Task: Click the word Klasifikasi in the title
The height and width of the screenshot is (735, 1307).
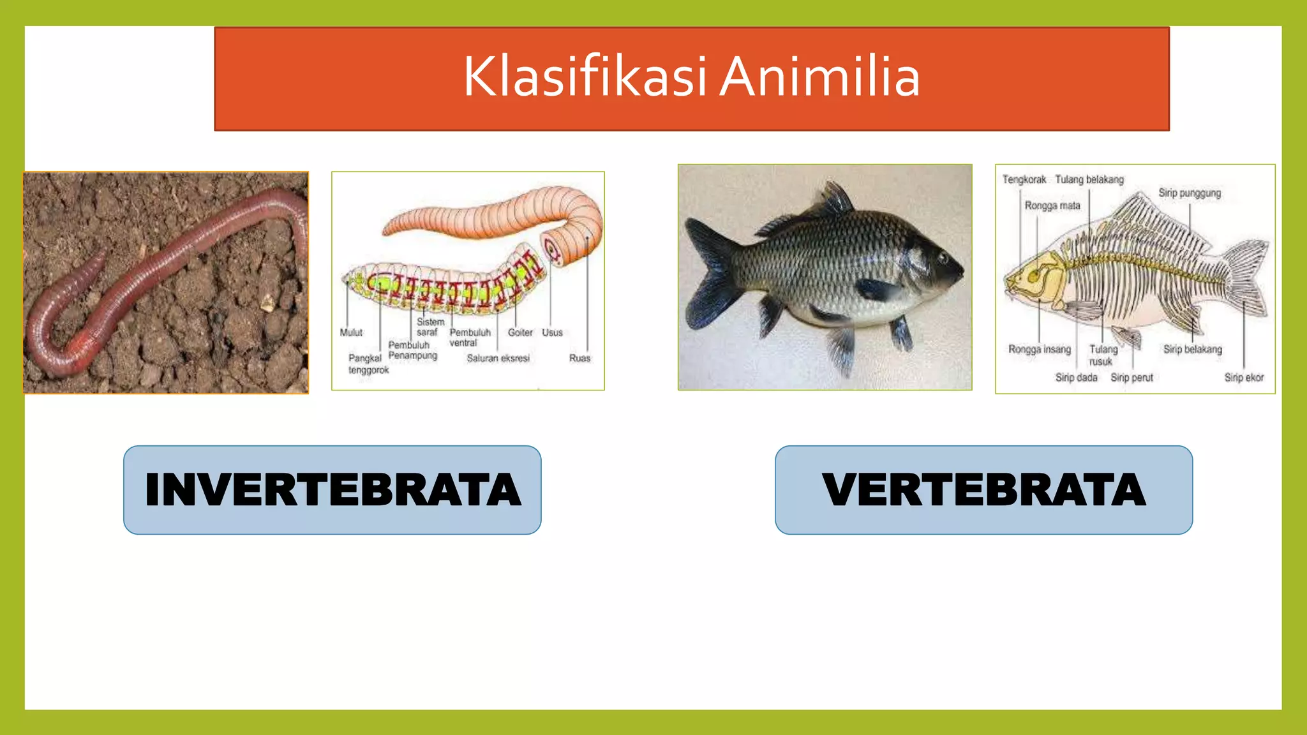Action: coord(584,78)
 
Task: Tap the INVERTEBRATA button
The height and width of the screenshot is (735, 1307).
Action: coord(332,490)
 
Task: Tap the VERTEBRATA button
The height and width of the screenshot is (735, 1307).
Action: coord(983,490)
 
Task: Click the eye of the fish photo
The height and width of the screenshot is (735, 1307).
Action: coord(943,258)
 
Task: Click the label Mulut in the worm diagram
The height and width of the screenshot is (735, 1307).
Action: coord(351,332)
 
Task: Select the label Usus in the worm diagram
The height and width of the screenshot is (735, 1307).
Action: coord(552,332)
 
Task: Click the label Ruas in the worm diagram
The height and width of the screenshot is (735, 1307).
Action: coord(579,358)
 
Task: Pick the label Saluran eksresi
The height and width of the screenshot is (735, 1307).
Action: coord(498,358)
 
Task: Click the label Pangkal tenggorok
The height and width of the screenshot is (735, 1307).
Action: coord(368,364)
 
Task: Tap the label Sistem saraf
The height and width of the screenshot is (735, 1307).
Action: coord(430,327)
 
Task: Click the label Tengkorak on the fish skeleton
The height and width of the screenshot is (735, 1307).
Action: coord(1024,179)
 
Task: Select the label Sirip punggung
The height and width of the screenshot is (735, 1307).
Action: coord(1190,193)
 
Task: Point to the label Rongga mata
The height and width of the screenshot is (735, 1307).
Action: coord(1052,205)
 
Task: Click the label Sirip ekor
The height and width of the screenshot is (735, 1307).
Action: coord(1243,377)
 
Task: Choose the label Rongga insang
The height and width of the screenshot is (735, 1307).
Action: coord(1040,349)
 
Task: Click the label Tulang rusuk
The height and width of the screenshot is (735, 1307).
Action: coord(1103,355)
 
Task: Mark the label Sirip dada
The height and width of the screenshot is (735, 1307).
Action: coord(1076,377)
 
